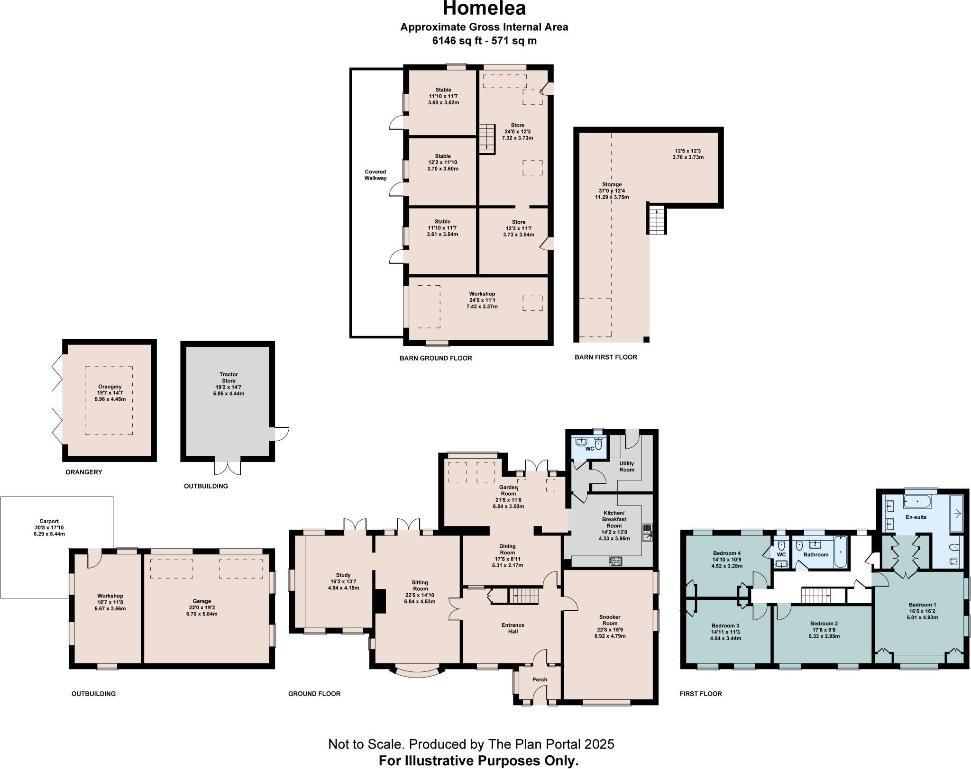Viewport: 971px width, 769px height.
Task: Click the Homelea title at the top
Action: tap(484, 9)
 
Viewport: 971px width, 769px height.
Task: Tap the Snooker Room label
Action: tap(610, 620)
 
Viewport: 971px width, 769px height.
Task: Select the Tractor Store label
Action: tap(229, 377)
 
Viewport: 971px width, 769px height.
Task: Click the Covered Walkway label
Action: tap(375, 175)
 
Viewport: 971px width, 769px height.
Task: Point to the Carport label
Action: tap(49, 521)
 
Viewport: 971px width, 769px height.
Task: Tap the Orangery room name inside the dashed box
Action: tap(110, 387)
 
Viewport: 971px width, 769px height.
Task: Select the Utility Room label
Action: tap(627, 466)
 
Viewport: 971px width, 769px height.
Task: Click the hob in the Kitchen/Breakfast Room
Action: tap(615, 561)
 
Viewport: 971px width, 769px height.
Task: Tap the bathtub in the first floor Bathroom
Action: tap(840, 552)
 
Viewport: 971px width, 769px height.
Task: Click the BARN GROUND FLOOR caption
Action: tap(436, 358)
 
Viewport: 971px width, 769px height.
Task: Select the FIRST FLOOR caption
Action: tap(701, 694)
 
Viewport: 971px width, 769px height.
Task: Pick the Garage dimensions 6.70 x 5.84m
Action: tap(202, 614)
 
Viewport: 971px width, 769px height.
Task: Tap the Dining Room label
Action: tap(507, 549)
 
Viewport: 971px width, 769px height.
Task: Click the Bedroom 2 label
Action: tap(824, 623)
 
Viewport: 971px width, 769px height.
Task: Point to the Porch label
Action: tap(540, 679)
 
